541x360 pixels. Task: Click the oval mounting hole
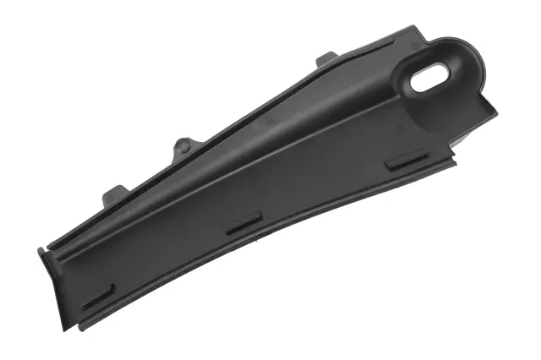click(x=430, y=79)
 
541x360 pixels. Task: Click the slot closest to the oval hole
click(x=406, y=160)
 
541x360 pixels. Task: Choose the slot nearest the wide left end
click(x=98, y=296)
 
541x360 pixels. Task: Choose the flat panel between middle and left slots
click(x=169, y=254)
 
